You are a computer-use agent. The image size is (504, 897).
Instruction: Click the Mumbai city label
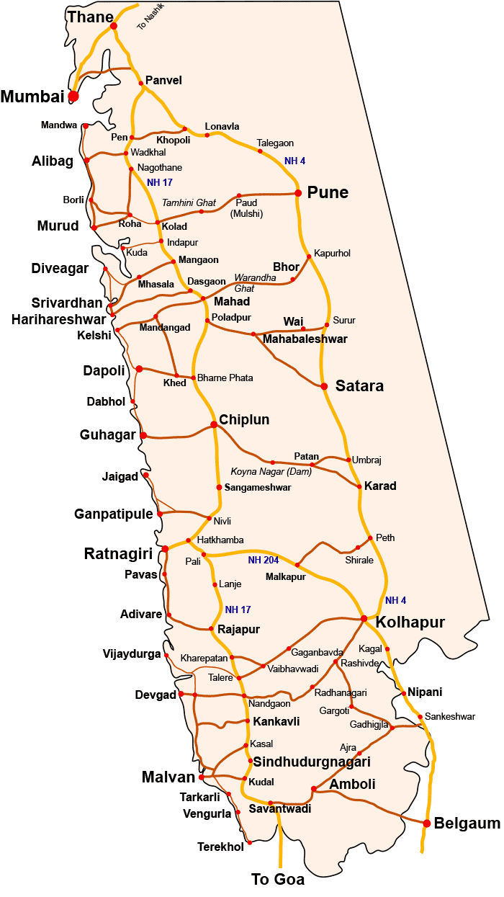click(32, 96)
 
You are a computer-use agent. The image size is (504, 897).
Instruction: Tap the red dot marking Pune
click(297, 192)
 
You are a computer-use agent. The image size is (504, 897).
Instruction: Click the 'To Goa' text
click(277, 879)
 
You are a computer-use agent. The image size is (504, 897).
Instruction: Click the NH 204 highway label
click(263, 560)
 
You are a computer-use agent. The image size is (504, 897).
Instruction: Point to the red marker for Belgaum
click(427, 823)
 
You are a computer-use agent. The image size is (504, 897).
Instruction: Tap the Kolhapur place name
click(411, 622)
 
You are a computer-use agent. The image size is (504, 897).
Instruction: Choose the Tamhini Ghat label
click(189, 203)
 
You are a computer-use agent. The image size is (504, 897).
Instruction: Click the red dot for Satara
click(324, 386)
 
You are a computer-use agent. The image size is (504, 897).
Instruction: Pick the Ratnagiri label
click(118, 554)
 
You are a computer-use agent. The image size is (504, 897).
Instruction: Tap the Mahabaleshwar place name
click(305, 339)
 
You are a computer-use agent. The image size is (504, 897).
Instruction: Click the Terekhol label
click(220, 847)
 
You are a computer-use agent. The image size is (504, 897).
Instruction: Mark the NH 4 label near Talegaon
click(295, 161)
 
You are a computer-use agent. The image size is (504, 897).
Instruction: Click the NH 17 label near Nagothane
click(160, 182)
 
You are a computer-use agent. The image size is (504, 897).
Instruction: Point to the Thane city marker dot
click(113, 26)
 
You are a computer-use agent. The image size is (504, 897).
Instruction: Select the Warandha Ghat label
click(255, 282)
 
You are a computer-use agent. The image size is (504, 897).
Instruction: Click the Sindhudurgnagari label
click(311, 762)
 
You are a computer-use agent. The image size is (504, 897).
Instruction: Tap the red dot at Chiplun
click(214, 425)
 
